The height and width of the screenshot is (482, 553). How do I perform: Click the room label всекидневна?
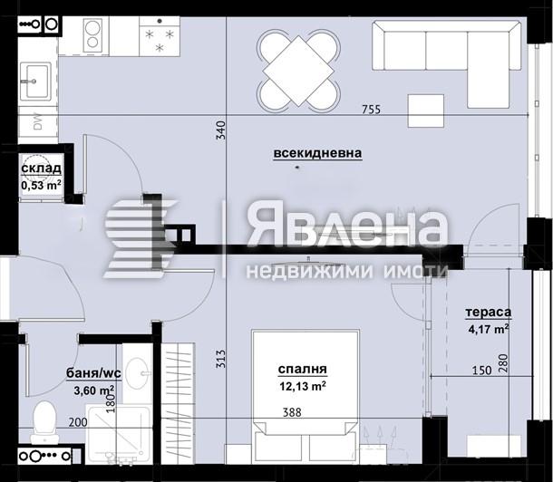point(317,153)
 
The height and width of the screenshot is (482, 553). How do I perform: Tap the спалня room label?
point(302,369)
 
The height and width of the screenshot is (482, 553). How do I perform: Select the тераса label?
point(488,312)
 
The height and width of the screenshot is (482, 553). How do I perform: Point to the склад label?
point(41,169)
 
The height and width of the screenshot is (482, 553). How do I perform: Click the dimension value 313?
point(219,360)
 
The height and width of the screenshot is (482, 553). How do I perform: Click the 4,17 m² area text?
point(488,328)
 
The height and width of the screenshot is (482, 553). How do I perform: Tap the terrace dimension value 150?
point(480,370)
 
